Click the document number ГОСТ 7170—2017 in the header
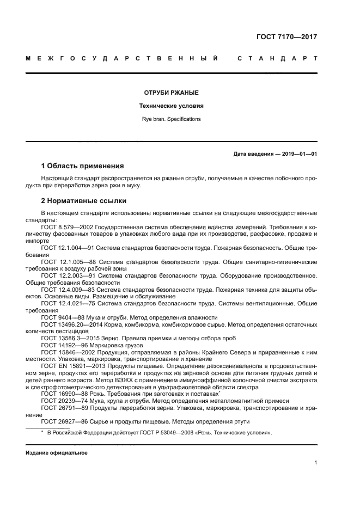click(286, 38)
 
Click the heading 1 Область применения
click(82, 166)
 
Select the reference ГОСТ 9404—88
click(60, 317)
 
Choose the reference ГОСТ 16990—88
click(62, 394)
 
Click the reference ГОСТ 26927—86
click(62, 421)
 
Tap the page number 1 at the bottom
click(315, 463)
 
